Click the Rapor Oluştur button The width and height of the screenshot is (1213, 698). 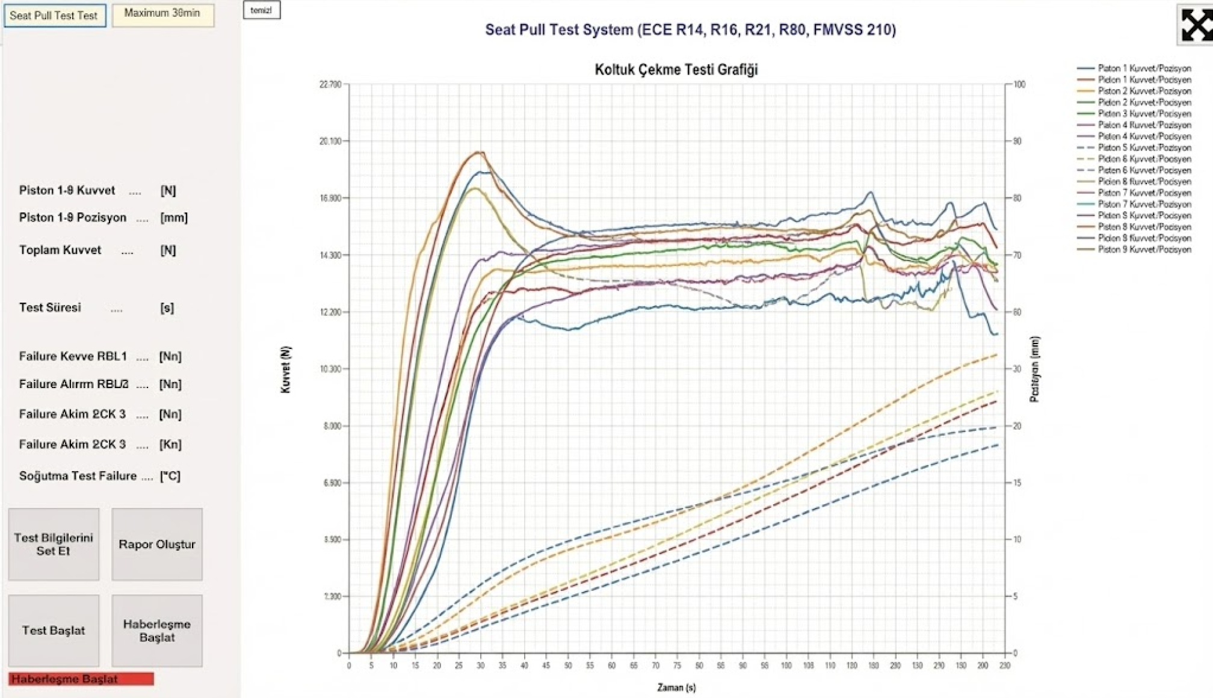pyautogui.click(x=157, y=545)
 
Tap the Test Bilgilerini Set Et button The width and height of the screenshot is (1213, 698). pyautogui.click(x=54, y=545)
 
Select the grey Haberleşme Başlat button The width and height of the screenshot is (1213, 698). pyautogui.click(x=157, y=631)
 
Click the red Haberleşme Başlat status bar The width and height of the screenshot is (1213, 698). pyautogui.click(x=81, y=679)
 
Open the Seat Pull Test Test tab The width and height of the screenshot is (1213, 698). pyautogui.click(x=54, y=16)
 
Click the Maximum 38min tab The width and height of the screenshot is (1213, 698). pyautogui.click(x=162, y=14)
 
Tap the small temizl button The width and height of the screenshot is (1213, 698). pyautogui.click(x=261, y=10)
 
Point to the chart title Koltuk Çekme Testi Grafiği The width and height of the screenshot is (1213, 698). pyautogui.click(x=676, y=70)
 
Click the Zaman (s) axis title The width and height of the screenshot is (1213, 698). pyautogui.click(x=676, y=687)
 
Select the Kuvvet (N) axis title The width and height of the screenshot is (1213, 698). pyautogui.click(x=286, y=369)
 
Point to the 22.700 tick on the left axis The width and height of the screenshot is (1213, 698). pyautogui.click(x=330, y=85)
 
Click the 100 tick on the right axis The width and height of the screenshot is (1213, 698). pyautogui.click(x=1019, y=85)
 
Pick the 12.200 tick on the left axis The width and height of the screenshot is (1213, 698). pyautogui.click(x=330, y=312)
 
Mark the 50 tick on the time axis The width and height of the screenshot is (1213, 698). pyautogui.click(x=568, y=666)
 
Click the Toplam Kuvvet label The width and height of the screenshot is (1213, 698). pyautogui.click(x=60, y=250)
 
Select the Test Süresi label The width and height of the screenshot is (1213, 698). pyautogui.click(x=50, y=307)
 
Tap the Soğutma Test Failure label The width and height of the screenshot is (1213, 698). pyautogui.click(x=78, y=476)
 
